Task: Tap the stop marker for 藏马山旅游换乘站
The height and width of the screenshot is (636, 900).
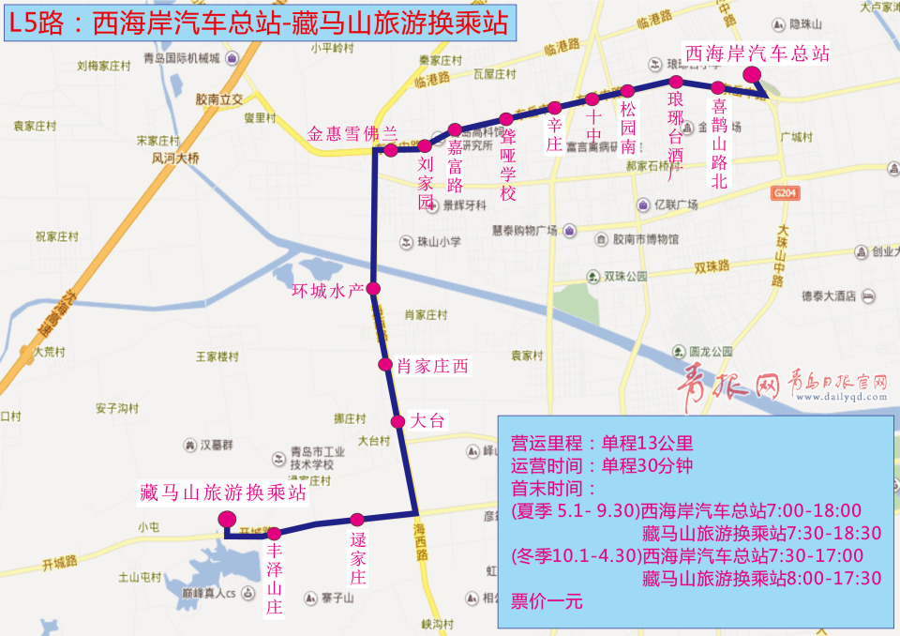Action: pyautogui.click(x=226, y=519)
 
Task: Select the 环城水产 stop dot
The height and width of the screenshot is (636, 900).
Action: pyautogui.click(x=373, y=288)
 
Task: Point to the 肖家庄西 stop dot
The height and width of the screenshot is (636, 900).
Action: pyautogui.click(x=384, y=364)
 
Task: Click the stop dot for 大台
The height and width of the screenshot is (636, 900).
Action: pyautogui.click(x=397, y=420)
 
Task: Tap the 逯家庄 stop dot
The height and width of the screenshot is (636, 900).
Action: pyautogui.click(x=357, y=519)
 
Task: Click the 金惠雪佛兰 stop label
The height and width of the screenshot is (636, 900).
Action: pyautogui.click(x=352, y=133)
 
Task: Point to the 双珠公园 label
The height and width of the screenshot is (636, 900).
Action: pyautogui.click(x=624, y=277)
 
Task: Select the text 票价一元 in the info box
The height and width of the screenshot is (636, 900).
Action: pyautogui.click(x=547, y=601)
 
